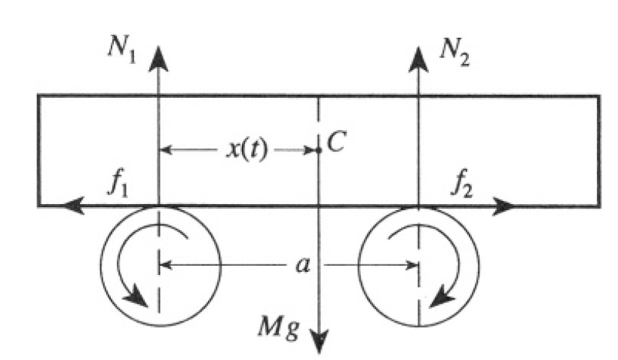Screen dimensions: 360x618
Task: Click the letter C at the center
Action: (x=336, y=144)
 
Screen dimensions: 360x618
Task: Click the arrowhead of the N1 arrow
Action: (x=159, y=56)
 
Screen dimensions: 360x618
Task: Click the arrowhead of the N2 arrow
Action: (x=418, y=56)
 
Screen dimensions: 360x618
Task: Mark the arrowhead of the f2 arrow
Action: (x=503, y=204)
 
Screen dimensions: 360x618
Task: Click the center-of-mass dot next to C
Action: (x=320, y=150)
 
